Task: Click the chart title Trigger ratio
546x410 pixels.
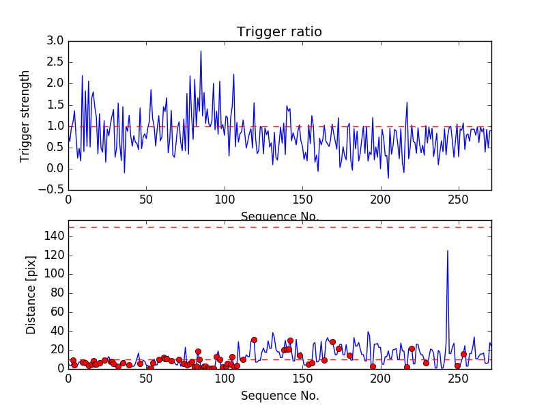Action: tap(279, 32)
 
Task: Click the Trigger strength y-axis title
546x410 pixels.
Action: tap(25, 115)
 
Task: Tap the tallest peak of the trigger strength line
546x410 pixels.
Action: tap(201, 51)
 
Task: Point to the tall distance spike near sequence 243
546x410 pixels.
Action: tap(448, 251)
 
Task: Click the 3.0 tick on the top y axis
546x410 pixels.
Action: tap(55, 41)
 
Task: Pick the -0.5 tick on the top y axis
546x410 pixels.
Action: tap(52, 190)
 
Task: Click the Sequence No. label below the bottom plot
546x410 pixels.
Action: tap(280, 396)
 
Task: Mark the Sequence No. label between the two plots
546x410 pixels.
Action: tap(280, 217)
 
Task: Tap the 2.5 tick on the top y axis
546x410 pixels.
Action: tap(55, 62)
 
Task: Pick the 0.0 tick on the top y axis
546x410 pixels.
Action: tap(55, 169)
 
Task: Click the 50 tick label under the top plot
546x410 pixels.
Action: tap(146, 201)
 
